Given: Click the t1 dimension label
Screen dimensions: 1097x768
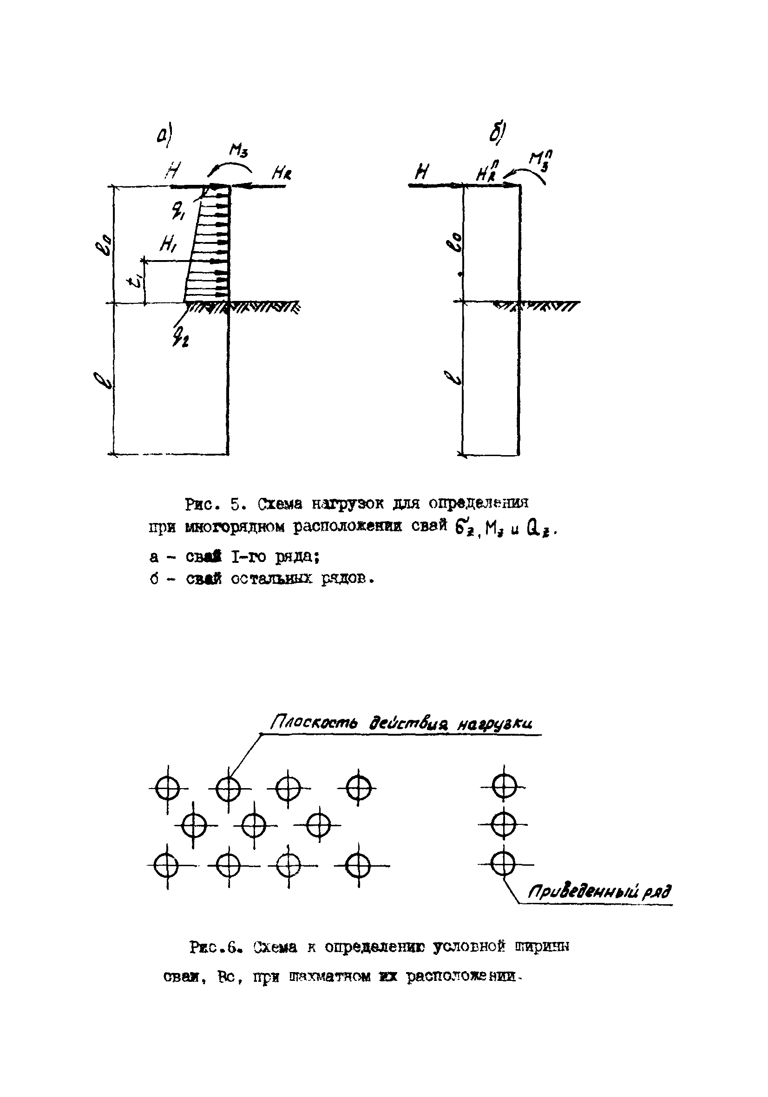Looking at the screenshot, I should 137,280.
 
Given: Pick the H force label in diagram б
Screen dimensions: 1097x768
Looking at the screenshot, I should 421,171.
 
